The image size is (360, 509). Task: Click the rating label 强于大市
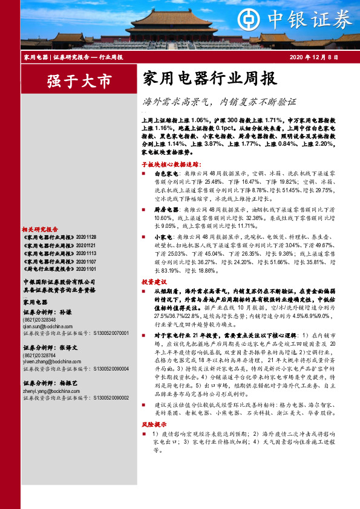pyautogui.click(x=80, y=80)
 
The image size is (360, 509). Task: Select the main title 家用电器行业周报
pyautogui.click(x=209, y=79)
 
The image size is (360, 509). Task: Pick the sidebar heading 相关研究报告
pyautogui.click(x=40, y=230)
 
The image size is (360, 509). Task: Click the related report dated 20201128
pyautogui.click(x=61, y=238)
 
